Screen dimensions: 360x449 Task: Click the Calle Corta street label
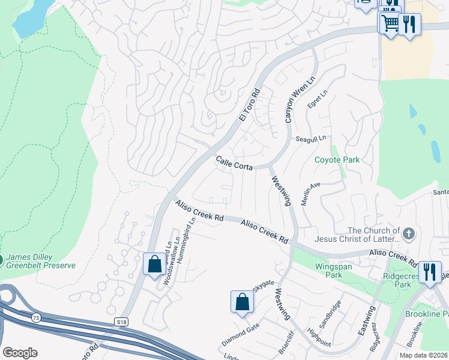[x=234, y=163]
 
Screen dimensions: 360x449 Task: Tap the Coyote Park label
[x=337, y=160]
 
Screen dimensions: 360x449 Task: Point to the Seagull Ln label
[x=310, y=139]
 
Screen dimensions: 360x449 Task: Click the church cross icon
[x=408, y=233]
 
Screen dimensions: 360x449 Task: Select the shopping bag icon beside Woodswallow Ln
[x=154, y=263]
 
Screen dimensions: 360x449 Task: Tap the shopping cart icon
[x=389, y=23]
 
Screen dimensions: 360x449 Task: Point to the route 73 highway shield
[x=37, y=317]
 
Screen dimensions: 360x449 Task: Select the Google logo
[x=20, y=353]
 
